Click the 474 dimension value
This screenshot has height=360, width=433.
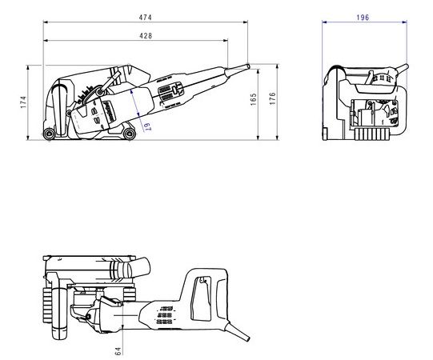tap(145, 18)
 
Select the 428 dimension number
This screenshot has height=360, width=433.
tap(146, 36)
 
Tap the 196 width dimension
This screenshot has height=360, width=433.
tap(363, 18)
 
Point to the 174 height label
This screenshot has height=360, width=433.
tap(23, 102)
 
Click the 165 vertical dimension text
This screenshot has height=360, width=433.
tap(253, 99)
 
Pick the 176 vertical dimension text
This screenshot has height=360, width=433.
tap(273, 98)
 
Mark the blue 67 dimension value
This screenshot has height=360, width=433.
tap(147, 126)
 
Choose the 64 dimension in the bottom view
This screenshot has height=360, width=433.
tap(118, 351)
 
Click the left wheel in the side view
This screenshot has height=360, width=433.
tap(49, 134)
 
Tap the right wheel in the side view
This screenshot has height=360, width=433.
tap(129, 134)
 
